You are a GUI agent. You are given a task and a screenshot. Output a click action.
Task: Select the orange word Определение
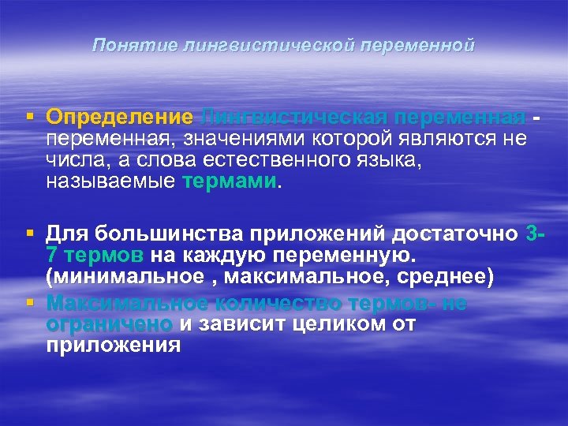pos(119,118)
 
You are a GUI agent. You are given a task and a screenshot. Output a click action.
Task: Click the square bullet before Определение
pos(29,117)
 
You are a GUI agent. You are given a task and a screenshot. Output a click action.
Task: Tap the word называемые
pos(111,182)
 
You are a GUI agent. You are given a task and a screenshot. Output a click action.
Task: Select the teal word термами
pos(229,182)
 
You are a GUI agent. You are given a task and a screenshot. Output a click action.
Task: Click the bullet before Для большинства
pos(29,234)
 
